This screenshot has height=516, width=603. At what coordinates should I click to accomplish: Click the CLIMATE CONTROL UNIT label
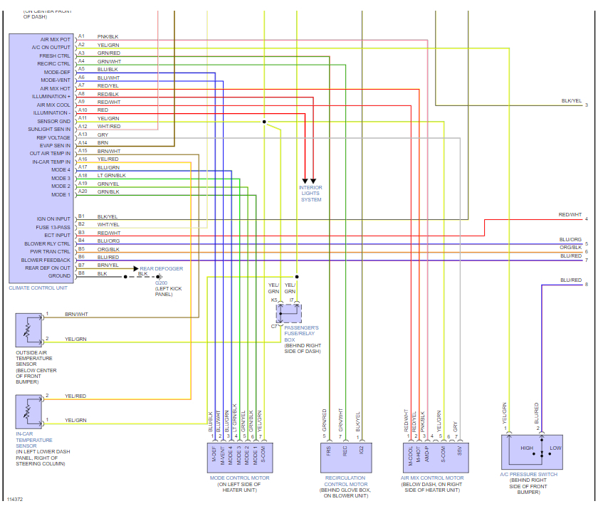point(38,287)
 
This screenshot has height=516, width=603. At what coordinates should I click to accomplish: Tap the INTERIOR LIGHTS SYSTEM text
point(311,194)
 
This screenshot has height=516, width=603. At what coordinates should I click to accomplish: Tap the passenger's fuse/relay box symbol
point(289,313)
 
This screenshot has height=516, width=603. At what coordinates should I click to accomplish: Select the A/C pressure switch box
point(532,452)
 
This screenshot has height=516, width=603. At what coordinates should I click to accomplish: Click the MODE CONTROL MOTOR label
point(239,478)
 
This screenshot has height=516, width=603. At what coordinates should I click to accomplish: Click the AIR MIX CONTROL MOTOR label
point(433,478)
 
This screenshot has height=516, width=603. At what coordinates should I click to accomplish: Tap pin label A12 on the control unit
point(82,126)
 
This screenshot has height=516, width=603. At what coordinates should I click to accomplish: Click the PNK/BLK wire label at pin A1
point(108,36)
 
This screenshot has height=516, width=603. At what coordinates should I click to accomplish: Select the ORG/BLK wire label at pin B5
point(108,249)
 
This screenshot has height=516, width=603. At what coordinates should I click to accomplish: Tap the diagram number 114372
point(16,500)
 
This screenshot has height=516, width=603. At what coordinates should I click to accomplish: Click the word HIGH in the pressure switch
point(527,448)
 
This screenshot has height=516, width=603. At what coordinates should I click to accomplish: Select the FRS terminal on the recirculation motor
point(328,451)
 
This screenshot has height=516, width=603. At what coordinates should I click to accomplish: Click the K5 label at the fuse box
point(274,300)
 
